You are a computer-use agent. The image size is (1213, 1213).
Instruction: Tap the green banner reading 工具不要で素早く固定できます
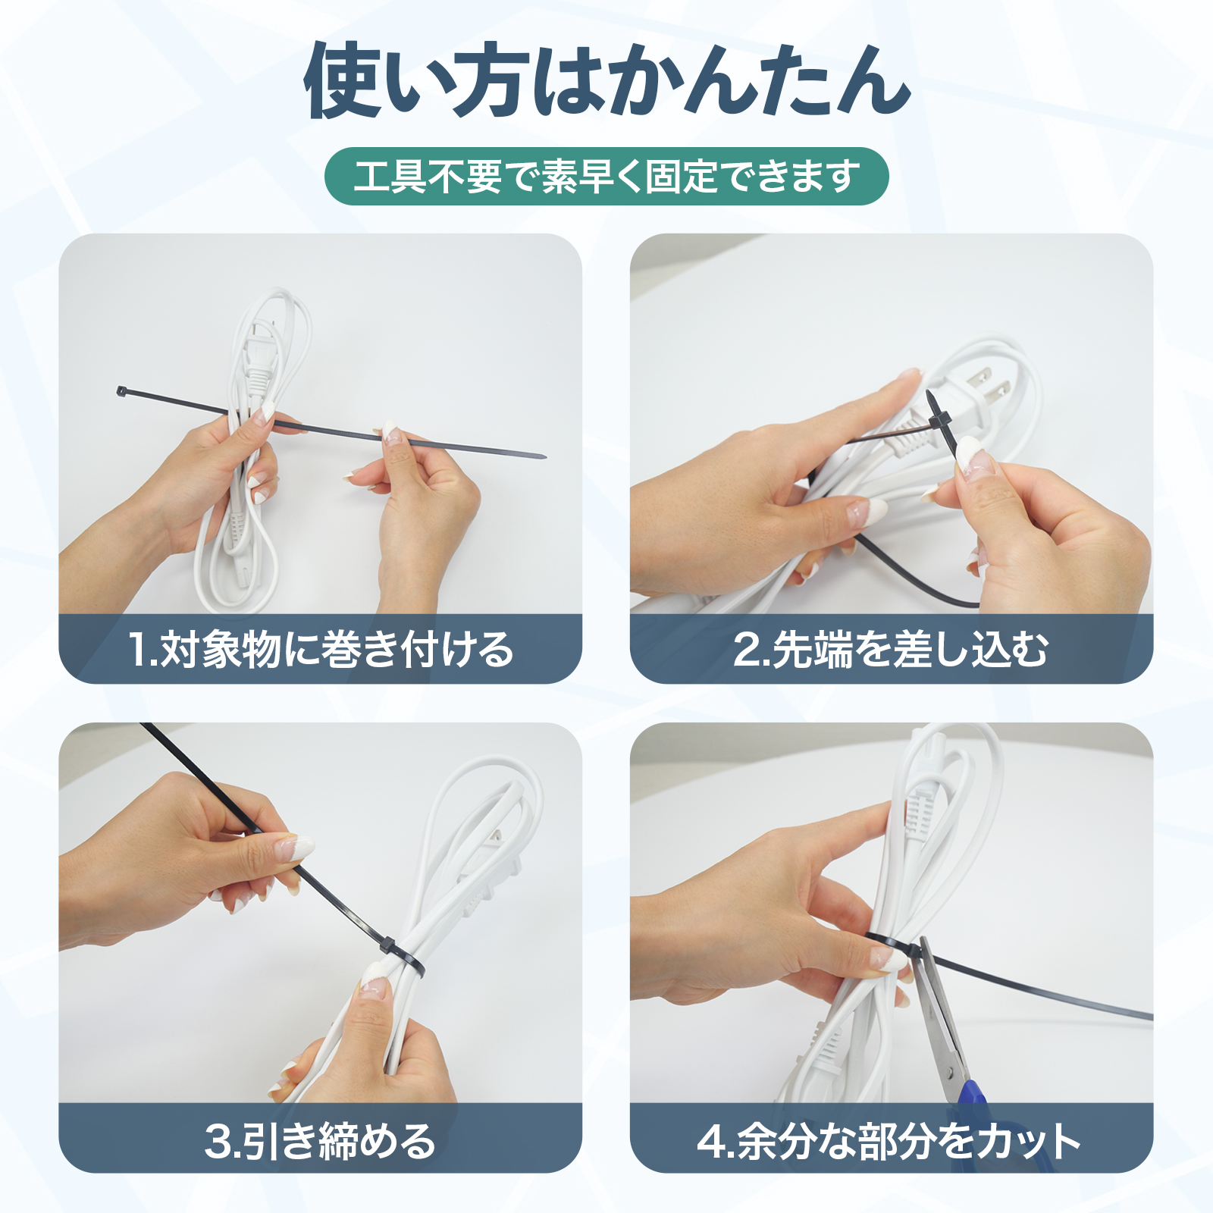point(606,177)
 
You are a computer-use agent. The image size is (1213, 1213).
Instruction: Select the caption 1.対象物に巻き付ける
point(321,650)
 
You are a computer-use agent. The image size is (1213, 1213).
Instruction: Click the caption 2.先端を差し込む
point(891,650)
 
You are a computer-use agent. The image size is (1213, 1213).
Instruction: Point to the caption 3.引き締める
point(320,1141)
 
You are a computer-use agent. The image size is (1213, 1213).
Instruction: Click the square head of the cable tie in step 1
point(121,391)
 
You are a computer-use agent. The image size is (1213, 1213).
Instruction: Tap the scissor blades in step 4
point(939,1001)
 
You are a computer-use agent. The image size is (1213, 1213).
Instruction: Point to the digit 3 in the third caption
point(218,1142)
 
